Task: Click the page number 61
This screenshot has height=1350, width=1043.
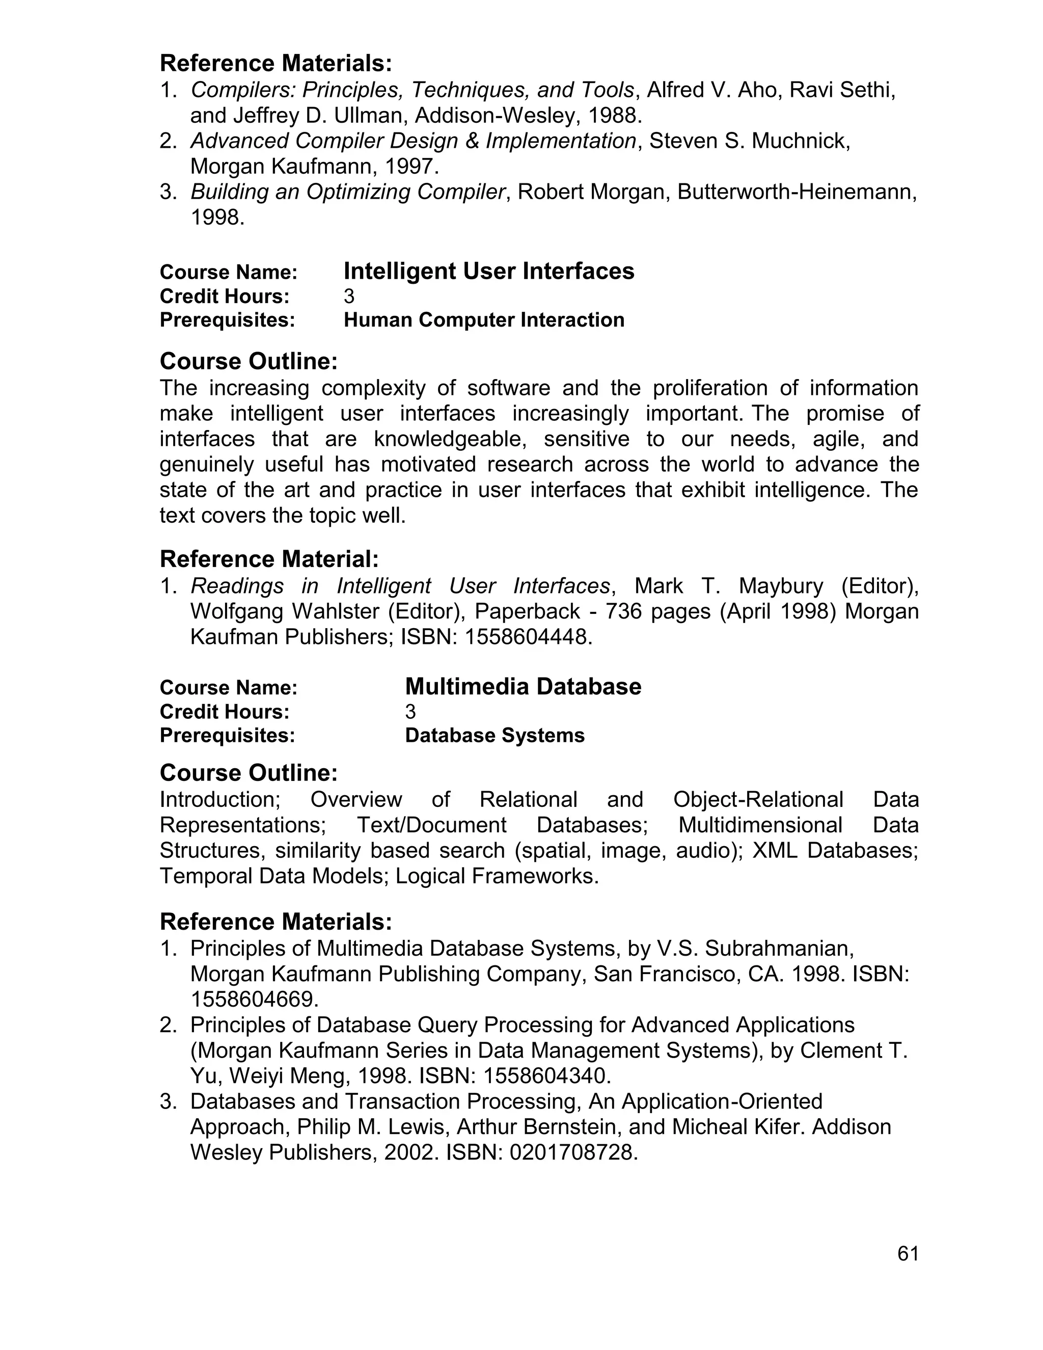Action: click(x=908, y=1253)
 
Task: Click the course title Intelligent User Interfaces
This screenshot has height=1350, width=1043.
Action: click(x=489, y=272)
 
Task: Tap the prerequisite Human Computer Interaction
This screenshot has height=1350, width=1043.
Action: click(x=484, y=320)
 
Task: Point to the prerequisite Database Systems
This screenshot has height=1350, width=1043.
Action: click(x=495, y=736)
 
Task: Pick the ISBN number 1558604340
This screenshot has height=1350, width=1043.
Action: click(x=546, y=1076)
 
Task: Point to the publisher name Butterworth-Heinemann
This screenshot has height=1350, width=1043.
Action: click(x=797, y=192)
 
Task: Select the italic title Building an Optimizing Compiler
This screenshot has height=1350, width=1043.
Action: click(x=348, y=192)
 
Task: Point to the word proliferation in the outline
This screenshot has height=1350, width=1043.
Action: click(x=710, y=388)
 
